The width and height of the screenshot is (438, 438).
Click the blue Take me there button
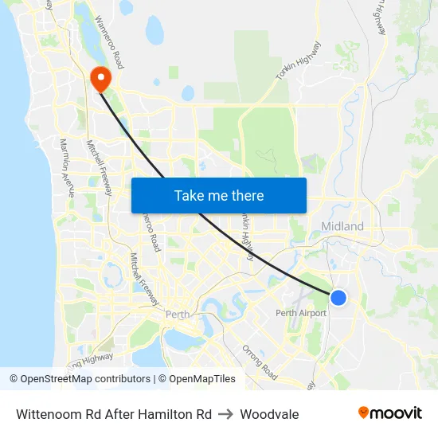[x=219, y=195]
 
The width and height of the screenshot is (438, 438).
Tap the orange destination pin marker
[x=101, y=78]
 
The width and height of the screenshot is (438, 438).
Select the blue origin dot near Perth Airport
[x=338, y=297]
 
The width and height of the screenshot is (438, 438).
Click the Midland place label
[x=342, y=227]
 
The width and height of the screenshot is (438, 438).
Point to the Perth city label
[x=178, y=315]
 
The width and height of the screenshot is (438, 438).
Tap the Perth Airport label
[x=301, y=313]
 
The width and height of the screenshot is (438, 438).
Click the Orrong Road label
[x=260, y=363]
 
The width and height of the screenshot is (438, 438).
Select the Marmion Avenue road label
[x=67, y=168]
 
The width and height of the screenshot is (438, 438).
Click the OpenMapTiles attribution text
[x=202, y=379]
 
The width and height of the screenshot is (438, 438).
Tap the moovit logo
[x=390, y=413]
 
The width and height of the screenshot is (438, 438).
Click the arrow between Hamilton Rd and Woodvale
[x=225, y=414]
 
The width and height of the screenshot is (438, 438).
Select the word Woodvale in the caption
[x=269, y=414]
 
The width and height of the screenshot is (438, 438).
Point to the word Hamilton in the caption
[x=162, y=414]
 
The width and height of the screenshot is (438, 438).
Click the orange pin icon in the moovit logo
[x=363, y=413]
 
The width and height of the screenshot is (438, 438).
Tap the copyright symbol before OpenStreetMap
[x=14, y=379]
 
